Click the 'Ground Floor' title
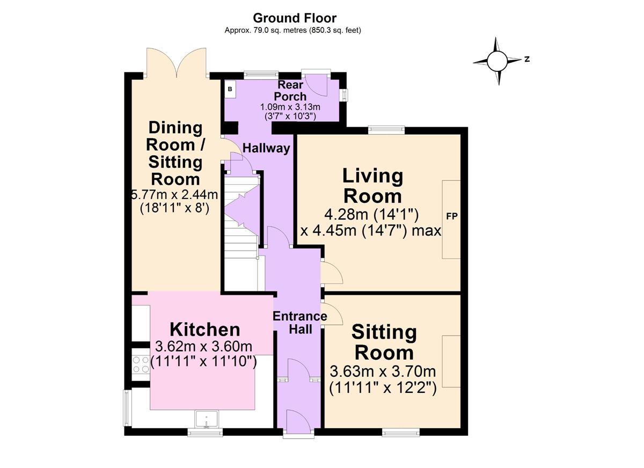(x=295, y=19)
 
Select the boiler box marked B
(x=230, y=89)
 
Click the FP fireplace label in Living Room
(x=451, y=217)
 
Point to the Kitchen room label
(x=204, y=329)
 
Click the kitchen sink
(x=206, y=419)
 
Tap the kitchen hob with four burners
(x=141, y=365)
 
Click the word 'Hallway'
(x=266, y=148)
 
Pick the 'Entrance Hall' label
(x=299, y=323)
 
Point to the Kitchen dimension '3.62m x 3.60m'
(x=203, y=346)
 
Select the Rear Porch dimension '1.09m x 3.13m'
(x=290, y=106)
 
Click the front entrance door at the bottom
(x=299, y=421)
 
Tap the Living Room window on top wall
(x=386, y=129)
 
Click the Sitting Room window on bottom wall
(x=401, y=431)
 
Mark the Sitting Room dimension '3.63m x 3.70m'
(x=383, y=371)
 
